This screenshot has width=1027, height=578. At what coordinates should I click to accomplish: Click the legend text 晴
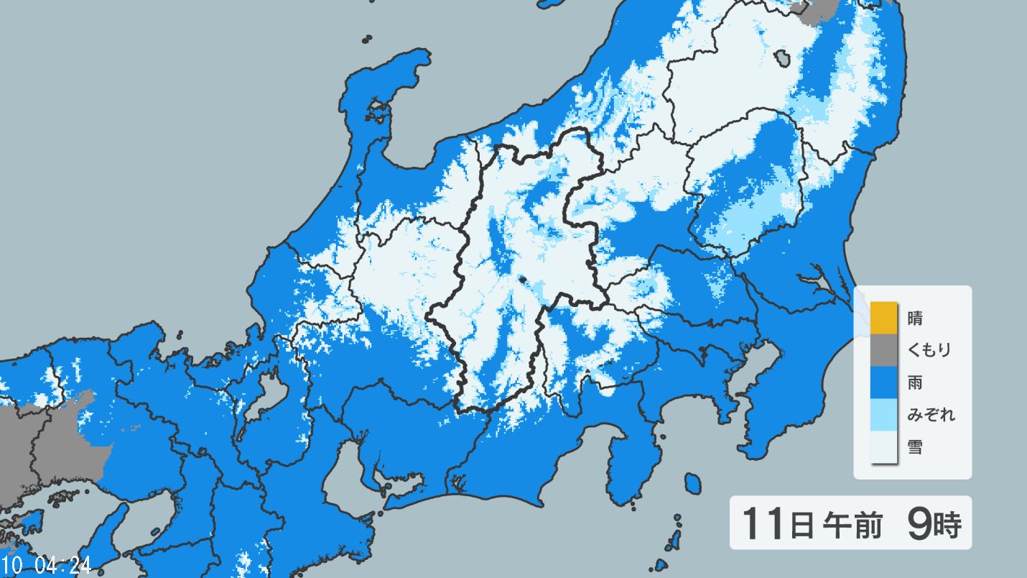click(x=916, y=318)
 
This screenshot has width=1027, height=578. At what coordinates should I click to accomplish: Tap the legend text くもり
click(x=929, y=350)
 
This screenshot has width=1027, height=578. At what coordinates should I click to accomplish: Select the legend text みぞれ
click(x=931, y=415)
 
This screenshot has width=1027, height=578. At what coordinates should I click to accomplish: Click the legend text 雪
click(x=916, y=448)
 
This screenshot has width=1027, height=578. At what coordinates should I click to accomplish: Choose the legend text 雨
click(x=916, y=382)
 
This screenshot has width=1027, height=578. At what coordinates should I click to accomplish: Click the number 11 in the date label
click(x=762, y=523)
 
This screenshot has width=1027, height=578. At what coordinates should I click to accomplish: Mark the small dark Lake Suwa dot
click(x=522, y=280)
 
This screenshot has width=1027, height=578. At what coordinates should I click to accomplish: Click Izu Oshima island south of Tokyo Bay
click(x=692, y=483)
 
